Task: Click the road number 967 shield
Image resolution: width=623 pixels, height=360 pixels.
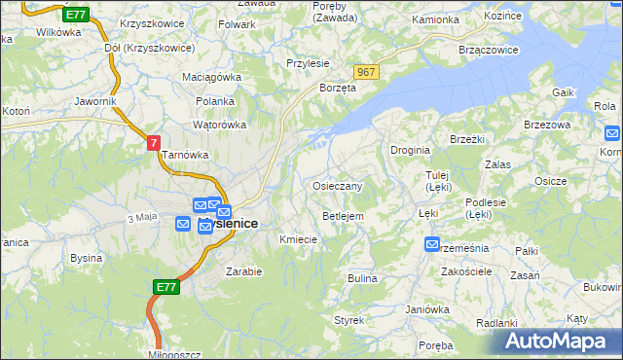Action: coord(367,73)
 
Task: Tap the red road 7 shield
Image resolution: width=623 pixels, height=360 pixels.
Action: coord(153,143)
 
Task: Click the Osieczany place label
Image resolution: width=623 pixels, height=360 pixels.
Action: coord(338,186)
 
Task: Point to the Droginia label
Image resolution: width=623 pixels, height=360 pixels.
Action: coord(411,150)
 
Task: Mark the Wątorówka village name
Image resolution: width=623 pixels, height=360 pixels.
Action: coord(220,125)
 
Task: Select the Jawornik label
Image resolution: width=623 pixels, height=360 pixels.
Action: coord(95,100)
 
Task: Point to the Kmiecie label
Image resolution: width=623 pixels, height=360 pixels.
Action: coord(298,239)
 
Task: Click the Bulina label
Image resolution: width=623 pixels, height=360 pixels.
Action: coord(362,278)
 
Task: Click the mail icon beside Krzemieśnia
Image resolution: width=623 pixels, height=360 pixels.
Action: coord(432,245)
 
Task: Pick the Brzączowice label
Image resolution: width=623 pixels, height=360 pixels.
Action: coord(487,48)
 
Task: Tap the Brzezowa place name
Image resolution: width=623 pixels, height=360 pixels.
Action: coord(546,125)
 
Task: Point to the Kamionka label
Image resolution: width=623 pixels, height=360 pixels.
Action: coord(435,19)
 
